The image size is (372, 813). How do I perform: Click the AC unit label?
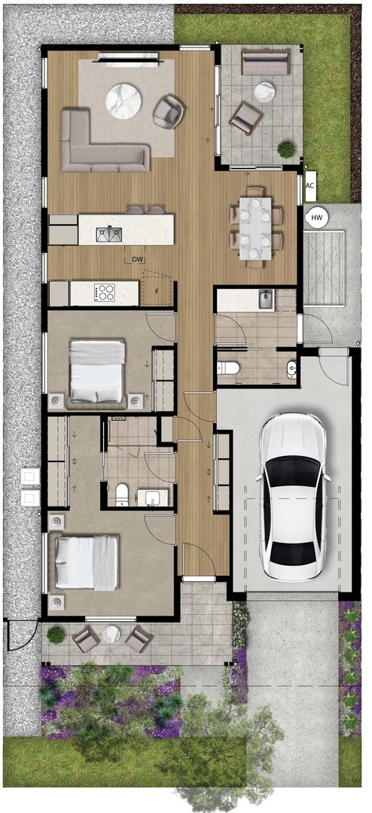click(310, 186)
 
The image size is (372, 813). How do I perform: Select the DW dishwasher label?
click(137, 259)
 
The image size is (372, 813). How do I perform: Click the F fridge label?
click(157, 291)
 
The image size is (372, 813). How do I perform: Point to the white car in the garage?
click(293, 497)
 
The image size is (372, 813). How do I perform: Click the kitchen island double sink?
click(109, 234)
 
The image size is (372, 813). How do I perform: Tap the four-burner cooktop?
click(104, 293)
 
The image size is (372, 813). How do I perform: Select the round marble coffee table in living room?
click(123, 102)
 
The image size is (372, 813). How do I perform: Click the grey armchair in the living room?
click(169, 111)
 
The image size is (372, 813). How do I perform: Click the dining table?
click(255, 227)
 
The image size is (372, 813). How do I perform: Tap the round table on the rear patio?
click(264, 93)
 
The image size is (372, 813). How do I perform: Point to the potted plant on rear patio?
click(286, 149)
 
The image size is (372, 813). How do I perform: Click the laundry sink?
click(266, 300)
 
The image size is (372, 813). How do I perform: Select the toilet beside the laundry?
click(227, 368)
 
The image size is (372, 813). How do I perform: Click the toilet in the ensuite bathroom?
click(122, 495)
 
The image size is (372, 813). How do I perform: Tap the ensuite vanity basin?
click(154, 498)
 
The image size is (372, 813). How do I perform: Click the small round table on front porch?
click(111, 634)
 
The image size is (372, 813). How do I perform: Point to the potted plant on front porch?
click(56, 635)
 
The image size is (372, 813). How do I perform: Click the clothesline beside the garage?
click(324, 269)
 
